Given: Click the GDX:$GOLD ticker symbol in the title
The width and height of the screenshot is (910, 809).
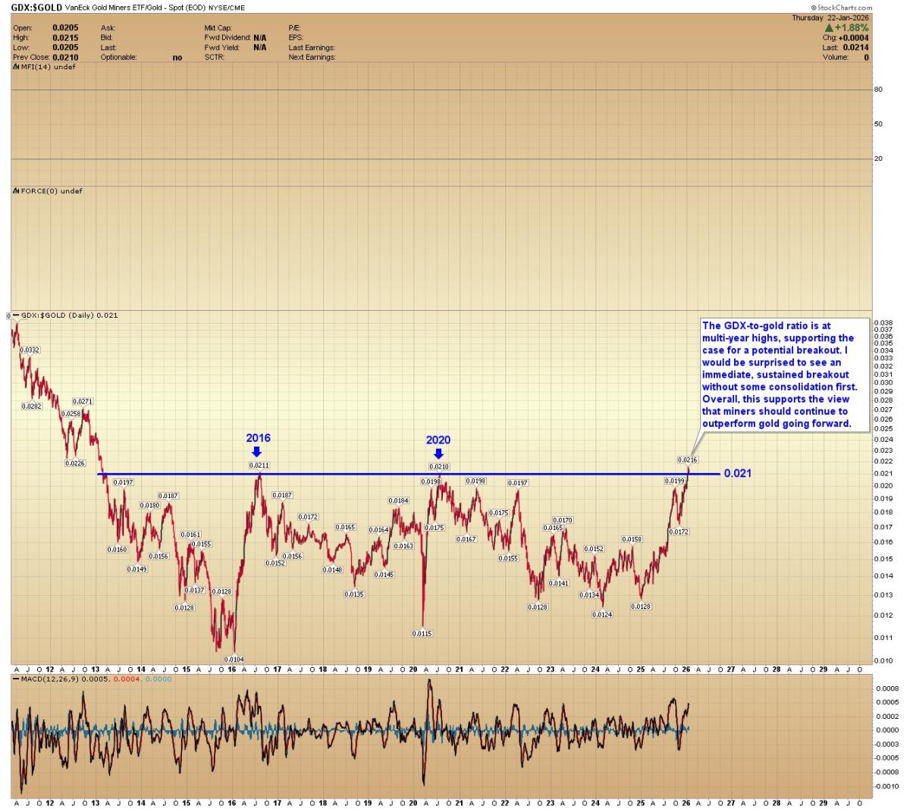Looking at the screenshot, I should (36, 7).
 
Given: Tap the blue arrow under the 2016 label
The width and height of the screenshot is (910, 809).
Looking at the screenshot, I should (257, 451).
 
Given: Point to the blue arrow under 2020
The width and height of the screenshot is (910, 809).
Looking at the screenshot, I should (438, 453).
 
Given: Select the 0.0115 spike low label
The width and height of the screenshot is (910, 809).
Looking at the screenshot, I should (422, 633).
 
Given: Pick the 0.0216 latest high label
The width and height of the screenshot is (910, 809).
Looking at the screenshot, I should (687, 460).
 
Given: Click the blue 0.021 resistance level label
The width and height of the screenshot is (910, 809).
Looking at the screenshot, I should (737, 473).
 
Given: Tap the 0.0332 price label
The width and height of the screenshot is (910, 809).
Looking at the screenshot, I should (30, 350).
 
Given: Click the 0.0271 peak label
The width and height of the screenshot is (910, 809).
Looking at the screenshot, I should (83, 401).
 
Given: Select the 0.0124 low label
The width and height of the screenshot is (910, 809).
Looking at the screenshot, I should (602, 614).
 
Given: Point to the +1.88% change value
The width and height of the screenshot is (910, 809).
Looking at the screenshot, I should (851, 27).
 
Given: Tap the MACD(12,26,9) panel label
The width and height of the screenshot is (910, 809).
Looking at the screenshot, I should (52, 679).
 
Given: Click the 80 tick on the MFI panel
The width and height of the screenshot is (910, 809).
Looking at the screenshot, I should (878, 89).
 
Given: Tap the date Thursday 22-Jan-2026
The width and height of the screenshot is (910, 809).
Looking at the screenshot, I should (830, 17).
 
